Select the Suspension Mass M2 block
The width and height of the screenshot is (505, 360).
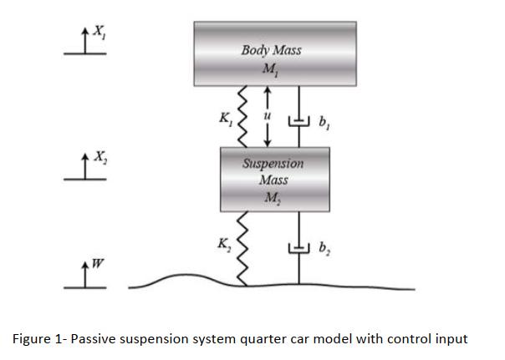tap(272, 179)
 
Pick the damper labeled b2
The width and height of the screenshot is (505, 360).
tap(298, 247)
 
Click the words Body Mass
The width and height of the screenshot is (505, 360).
tap(271, 49)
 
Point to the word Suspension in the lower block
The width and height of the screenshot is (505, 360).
tap(273, 163)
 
